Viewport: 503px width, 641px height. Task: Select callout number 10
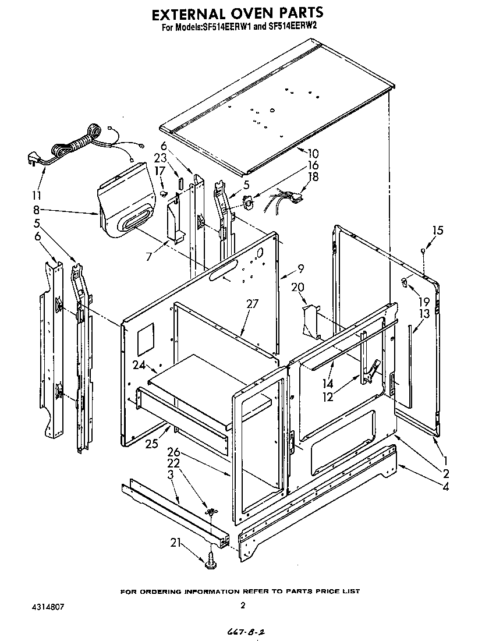[x=313, y=154]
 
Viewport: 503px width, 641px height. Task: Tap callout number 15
[x=437, y=231]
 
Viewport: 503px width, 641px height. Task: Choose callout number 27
[x=251, y=303]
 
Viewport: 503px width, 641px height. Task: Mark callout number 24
[x=138, y=366]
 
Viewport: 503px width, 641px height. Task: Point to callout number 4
[x=445, y=487]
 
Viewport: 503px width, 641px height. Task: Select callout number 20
[x=297, y=287]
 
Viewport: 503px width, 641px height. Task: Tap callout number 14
[x=329, y=384]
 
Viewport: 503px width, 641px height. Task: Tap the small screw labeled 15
[x=423, y=250]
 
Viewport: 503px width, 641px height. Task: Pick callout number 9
[x=301, y=268]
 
